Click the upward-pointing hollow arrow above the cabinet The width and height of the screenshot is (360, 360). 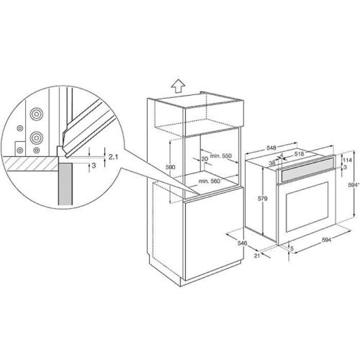[x=178, y=86]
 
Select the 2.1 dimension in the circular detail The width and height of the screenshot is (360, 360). [x=113, y=157]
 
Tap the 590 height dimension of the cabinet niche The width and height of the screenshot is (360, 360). [x=171, y=167]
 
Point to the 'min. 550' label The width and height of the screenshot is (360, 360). [x=221, y=156]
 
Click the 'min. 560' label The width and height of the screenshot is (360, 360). [x=209, y=181]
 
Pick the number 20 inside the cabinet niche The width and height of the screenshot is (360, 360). [x=204, y=158]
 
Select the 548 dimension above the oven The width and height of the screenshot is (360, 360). [x=271, y=148]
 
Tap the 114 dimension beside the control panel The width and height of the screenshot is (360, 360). [x=347, y=160]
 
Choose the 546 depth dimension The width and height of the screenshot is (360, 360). [x=243, y=243]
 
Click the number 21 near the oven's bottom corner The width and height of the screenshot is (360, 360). [x=257, y=256]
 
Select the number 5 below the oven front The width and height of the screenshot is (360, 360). [x=292, y=249]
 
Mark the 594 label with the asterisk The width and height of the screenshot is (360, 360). [x=354, y=184]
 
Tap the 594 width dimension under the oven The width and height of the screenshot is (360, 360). [x=326, y=240]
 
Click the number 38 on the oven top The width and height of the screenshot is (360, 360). [x=272, y=163]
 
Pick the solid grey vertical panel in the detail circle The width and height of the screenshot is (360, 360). [x=65, y=184]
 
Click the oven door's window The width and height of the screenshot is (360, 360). [x=307, y=207]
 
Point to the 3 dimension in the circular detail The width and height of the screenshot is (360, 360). [x=94, y=166]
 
